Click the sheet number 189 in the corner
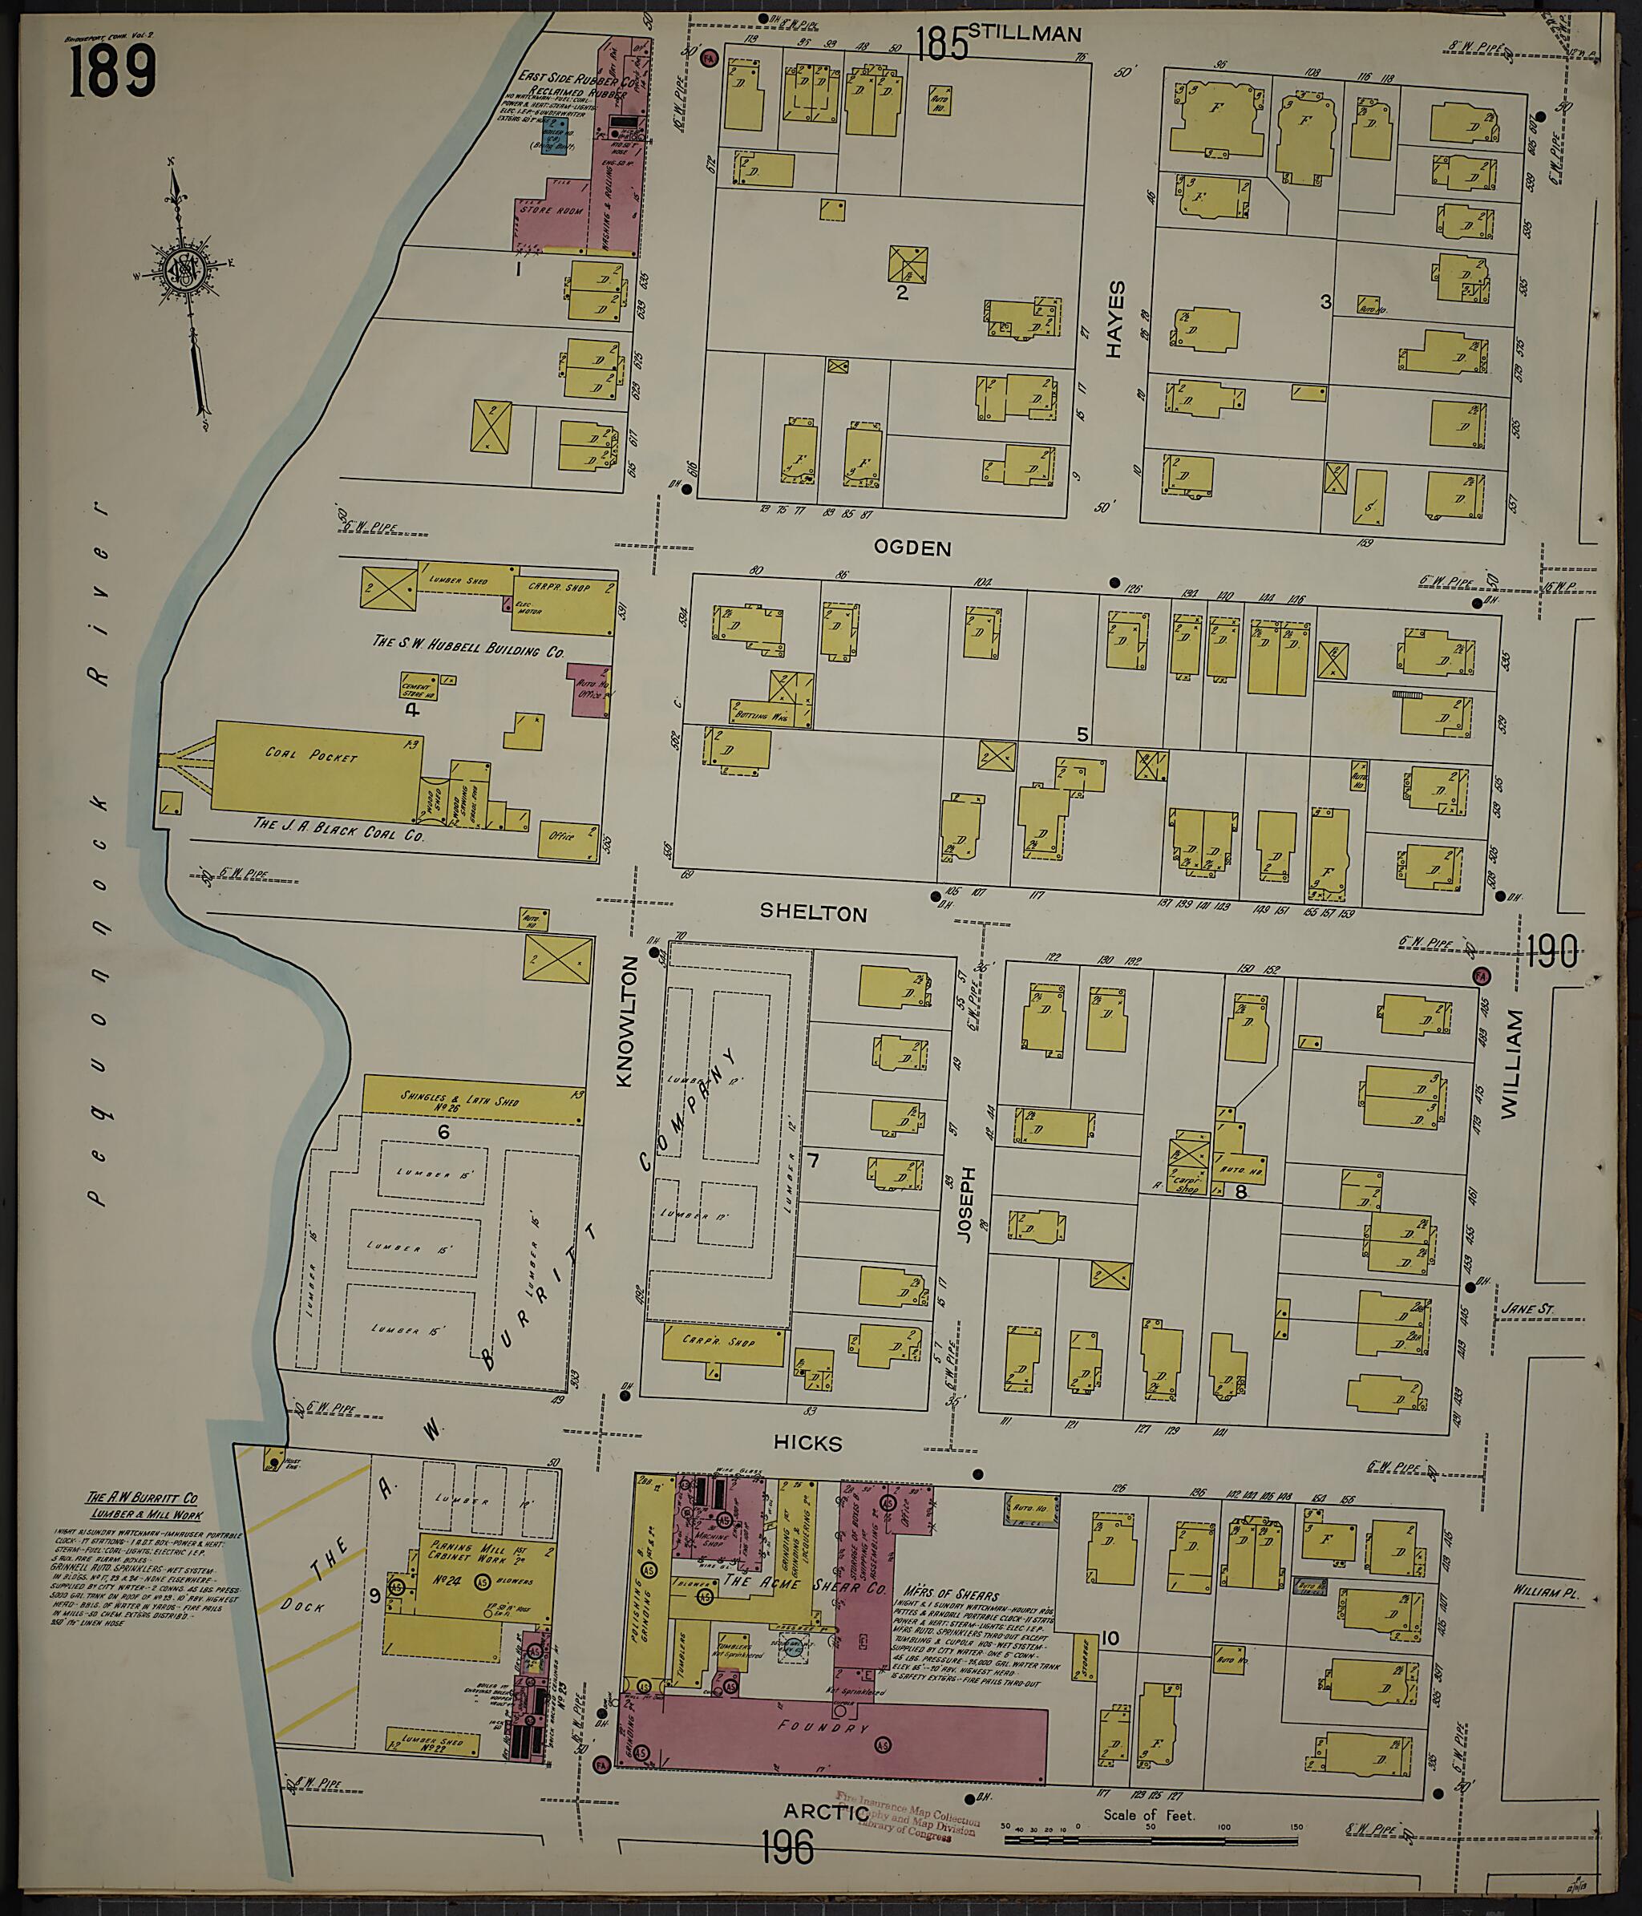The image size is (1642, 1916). click(112, 73)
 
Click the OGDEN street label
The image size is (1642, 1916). click(912, 548)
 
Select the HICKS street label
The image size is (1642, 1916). click(808, 1442)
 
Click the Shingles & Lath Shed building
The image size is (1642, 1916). click(471, 1099)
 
